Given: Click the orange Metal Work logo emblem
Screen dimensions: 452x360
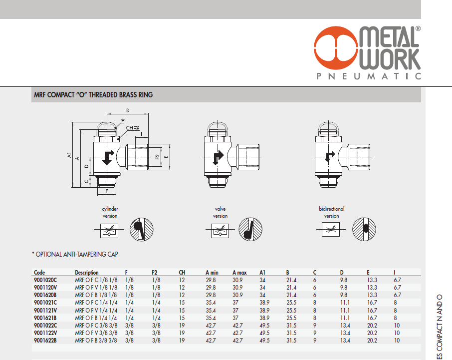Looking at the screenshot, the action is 336,48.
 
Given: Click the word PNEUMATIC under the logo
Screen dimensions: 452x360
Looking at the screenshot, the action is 369,76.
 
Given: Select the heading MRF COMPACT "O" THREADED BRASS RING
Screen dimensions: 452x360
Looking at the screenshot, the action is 93,95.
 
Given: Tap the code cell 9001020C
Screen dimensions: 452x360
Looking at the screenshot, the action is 45,280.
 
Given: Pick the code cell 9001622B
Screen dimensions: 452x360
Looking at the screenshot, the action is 45,341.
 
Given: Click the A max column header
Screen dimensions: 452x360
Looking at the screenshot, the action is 239,273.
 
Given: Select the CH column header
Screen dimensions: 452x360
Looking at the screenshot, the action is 182,273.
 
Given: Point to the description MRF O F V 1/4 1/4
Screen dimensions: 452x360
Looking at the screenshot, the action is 96,311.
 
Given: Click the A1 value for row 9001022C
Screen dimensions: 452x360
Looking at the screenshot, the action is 264,326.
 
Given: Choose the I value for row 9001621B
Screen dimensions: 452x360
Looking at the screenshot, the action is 395,318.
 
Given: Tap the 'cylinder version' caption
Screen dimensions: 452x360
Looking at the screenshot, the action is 110,212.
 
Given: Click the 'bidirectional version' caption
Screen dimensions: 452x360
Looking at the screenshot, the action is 331,212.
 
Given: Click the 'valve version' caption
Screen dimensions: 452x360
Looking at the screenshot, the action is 220,212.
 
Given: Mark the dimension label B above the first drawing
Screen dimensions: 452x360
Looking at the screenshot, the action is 128,110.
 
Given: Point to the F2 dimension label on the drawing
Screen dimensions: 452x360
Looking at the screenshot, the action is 157,157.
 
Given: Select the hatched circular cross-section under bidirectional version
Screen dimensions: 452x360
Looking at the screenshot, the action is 364,229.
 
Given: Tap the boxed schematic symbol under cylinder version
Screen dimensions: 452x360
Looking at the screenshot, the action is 109,231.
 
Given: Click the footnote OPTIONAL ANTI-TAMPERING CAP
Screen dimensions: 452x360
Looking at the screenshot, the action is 75,255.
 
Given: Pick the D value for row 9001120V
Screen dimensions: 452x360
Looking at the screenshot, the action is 344,288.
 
